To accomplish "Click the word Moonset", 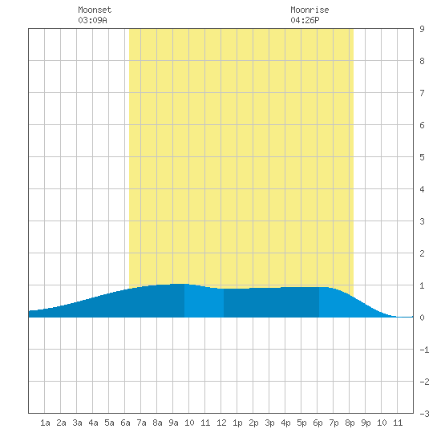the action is (x=95, y=10).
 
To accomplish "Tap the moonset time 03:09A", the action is (x=92, y=20).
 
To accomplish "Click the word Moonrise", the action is (x=310, y=10).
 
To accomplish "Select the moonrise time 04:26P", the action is (x=305, y=20).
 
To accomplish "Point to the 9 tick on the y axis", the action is (x=422, y=29).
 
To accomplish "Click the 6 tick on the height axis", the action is (x=422, y=125).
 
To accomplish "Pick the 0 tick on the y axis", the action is (x=422, y=318).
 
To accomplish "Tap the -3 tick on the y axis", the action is (x=424, y=414).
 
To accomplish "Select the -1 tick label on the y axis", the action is (x=424, y=350).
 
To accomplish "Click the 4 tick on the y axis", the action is (x=422, y=189).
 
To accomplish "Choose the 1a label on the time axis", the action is (x=45, y=423).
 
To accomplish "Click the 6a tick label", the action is (x=125, y=423).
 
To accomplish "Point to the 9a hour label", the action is (x=173, y=423).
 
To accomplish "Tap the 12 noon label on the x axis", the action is (x=221, y=423).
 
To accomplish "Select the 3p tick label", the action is (x=269, y=423).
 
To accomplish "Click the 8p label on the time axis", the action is (x=350, y=423).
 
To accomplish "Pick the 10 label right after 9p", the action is (x=382, y=423).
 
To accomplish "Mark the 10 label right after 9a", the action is (x=189, y=423).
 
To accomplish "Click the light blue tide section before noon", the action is (x=204, y=301).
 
